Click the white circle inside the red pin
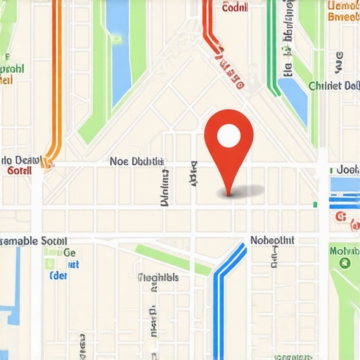tap(229, 135)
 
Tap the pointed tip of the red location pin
tap(228, 193)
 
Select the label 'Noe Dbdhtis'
tap(137, 161)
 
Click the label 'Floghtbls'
tap(158, 277)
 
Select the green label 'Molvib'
tap(344, 250)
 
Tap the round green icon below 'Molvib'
tap(345, 263)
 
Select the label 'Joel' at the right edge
tap(347, 169)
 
